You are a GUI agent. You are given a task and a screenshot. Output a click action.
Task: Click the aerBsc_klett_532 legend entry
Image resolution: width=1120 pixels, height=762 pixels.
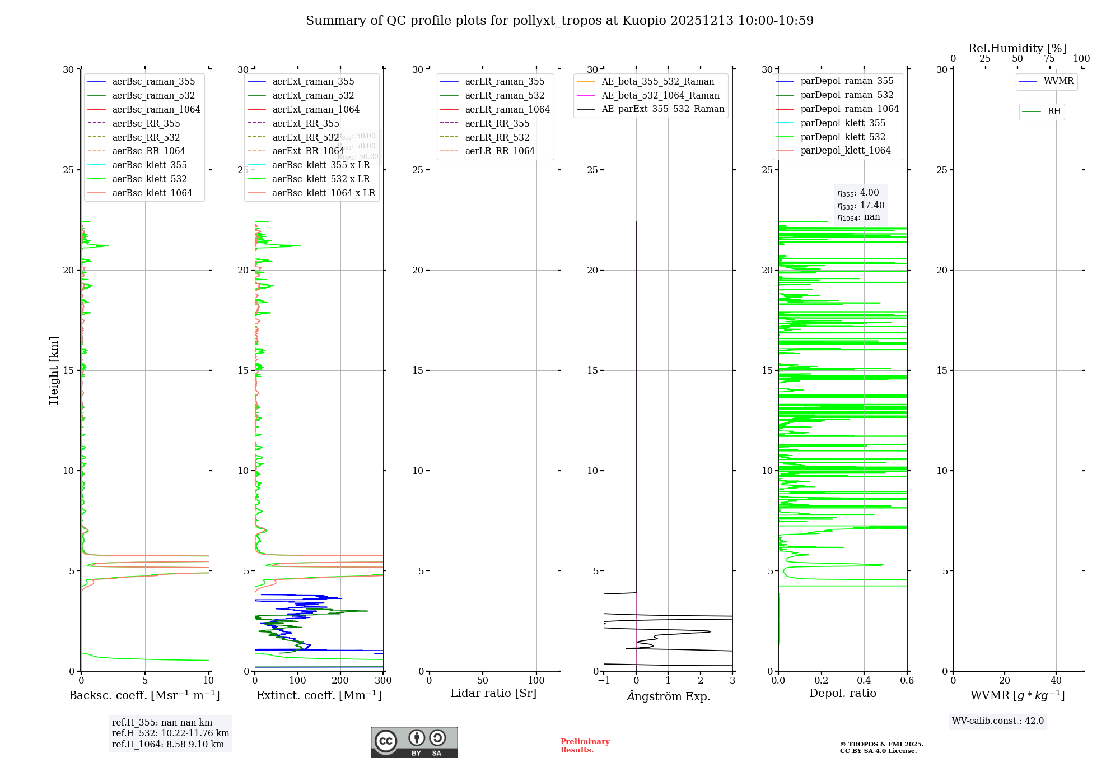149,179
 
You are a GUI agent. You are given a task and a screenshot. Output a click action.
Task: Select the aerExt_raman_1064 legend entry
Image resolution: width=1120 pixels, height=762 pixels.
316,109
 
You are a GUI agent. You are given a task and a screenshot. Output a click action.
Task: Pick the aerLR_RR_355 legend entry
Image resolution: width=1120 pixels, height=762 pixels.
497,123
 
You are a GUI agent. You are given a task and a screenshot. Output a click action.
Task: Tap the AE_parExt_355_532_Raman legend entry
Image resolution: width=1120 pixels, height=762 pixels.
662,109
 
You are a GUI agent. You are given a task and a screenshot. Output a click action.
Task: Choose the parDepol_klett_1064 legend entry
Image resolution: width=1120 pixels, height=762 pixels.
845,150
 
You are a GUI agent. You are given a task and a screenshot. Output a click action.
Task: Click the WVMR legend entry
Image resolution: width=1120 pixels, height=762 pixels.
1058,81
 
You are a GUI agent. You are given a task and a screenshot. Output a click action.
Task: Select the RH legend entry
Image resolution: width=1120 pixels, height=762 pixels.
1054,111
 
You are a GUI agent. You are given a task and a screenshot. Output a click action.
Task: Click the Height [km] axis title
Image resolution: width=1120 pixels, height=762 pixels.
54,370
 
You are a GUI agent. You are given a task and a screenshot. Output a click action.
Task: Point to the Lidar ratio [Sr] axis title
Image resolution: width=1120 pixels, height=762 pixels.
493,693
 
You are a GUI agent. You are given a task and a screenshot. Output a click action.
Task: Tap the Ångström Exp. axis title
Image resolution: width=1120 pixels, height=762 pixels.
668,696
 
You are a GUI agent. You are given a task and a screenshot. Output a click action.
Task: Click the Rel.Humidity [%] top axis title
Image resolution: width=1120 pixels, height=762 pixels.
1017,48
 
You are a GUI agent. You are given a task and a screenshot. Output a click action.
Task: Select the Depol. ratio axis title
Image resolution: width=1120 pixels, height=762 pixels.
842,693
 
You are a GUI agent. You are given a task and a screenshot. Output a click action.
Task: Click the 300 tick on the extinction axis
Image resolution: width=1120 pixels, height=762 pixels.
383,681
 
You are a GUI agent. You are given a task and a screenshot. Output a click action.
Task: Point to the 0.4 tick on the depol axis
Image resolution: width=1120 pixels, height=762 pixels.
864,681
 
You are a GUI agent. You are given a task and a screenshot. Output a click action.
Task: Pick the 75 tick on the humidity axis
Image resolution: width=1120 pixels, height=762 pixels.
1049,59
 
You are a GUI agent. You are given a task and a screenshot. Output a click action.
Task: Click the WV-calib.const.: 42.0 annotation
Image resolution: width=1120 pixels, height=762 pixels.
998,721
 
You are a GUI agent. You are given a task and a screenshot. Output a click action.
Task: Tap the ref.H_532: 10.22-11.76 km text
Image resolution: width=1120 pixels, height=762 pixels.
170,733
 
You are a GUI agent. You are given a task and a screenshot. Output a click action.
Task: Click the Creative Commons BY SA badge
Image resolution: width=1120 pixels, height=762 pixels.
414,742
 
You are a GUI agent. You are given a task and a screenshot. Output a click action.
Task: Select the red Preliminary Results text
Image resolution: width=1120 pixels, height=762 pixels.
585,746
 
